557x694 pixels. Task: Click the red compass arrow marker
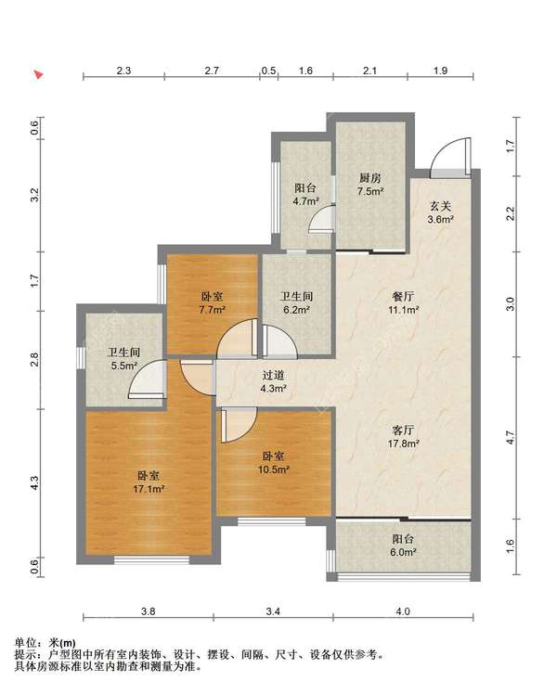coord(39,74)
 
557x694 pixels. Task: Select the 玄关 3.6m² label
coord(441,212)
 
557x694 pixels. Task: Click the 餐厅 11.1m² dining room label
coord(403,303)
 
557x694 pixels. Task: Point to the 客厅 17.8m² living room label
coord(403,436)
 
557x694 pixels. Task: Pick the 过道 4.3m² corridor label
coord(274,382)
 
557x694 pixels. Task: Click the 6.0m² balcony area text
coord(403,552)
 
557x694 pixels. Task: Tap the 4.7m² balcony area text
coord(305,201)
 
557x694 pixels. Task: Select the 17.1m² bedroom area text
coord(149,489)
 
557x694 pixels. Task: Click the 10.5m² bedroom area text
coord(274,469)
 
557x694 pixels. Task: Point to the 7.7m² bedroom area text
coord(213,310)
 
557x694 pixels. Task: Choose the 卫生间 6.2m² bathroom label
coord(297,303)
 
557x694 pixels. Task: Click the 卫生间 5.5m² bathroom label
coord(124,359)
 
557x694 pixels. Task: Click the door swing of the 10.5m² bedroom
coord(240,426)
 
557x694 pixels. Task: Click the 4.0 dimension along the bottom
coord(403,611)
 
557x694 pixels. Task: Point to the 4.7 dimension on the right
coord(510,438)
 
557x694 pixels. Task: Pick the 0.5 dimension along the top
coord(268,71)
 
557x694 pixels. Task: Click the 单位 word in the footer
coord(26,643)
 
